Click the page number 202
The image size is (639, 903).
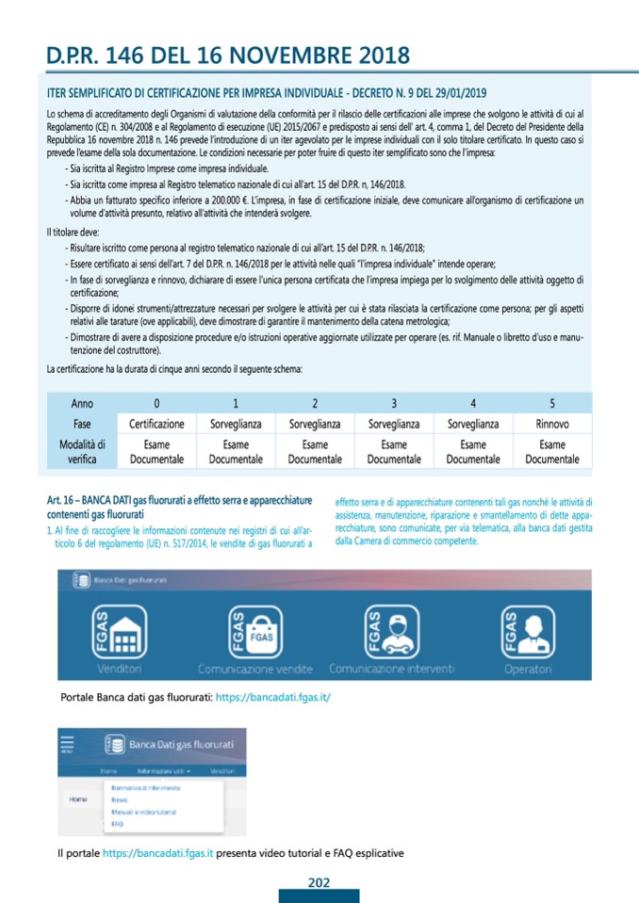pos(319,882)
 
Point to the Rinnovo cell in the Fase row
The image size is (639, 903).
pos(551,424)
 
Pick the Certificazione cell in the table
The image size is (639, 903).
pos(156,424)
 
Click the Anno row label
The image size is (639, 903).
pos(82,403)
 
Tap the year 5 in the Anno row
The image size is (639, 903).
pos(551,403)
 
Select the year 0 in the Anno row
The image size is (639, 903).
pos(156,403)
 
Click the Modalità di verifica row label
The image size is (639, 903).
pos(82,452)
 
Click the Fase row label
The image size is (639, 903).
pos(82,424)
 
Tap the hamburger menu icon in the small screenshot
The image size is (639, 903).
pos(66,743)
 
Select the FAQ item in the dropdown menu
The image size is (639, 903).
pos(117,823)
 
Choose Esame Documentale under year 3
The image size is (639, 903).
pos(394,452)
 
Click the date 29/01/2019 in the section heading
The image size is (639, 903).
pos(454,92)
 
